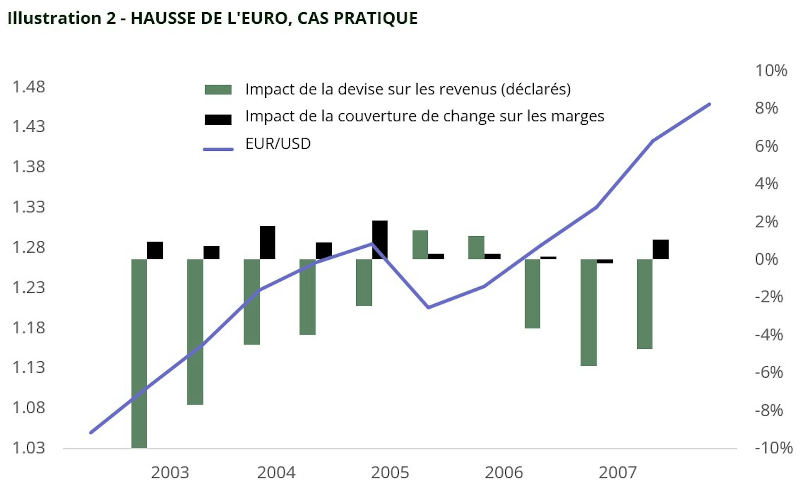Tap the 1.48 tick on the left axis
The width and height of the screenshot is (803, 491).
pos(28,87)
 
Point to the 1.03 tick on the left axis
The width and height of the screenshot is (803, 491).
pos(28,448)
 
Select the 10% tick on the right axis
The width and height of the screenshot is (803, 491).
pos(771,71)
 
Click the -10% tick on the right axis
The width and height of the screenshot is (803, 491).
pos(773,448)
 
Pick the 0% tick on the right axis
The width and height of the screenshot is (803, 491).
pos(766,260)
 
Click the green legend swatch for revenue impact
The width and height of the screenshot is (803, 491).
pos(218,90)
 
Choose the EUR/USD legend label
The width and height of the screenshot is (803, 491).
pos(278,144)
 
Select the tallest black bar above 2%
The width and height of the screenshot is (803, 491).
pos(380,240)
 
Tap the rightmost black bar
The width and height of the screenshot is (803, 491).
pos(661,249)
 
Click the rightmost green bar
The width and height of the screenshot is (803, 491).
pos(645,304)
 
